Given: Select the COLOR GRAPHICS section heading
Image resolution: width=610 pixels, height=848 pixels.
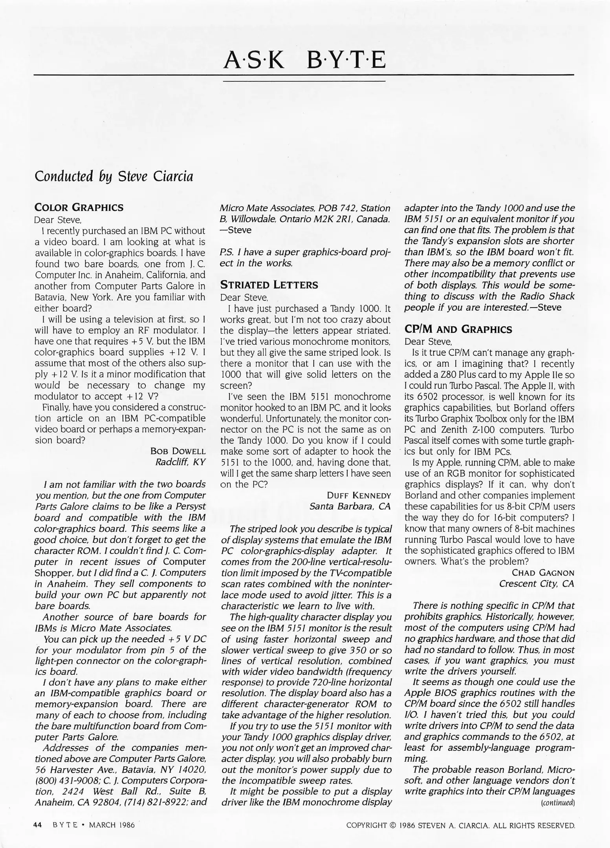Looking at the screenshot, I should (79, 207).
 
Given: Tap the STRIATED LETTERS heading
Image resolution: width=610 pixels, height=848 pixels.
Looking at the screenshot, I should (269, 285).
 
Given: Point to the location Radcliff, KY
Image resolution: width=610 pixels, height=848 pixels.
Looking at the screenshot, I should (180, 462).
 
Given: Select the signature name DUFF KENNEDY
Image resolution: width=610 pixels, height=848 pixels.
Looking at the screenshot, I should (359, 495).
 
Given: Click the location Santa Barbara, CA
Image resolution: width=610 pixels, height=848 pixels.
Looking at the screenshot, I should (350, 506).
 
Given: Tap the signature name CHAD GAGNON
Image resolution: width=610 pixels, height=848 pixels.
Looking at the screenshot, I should (543, 573).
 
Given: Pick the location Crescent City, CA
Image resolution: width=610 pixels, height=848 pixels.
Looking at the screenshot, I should (537, 584).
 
